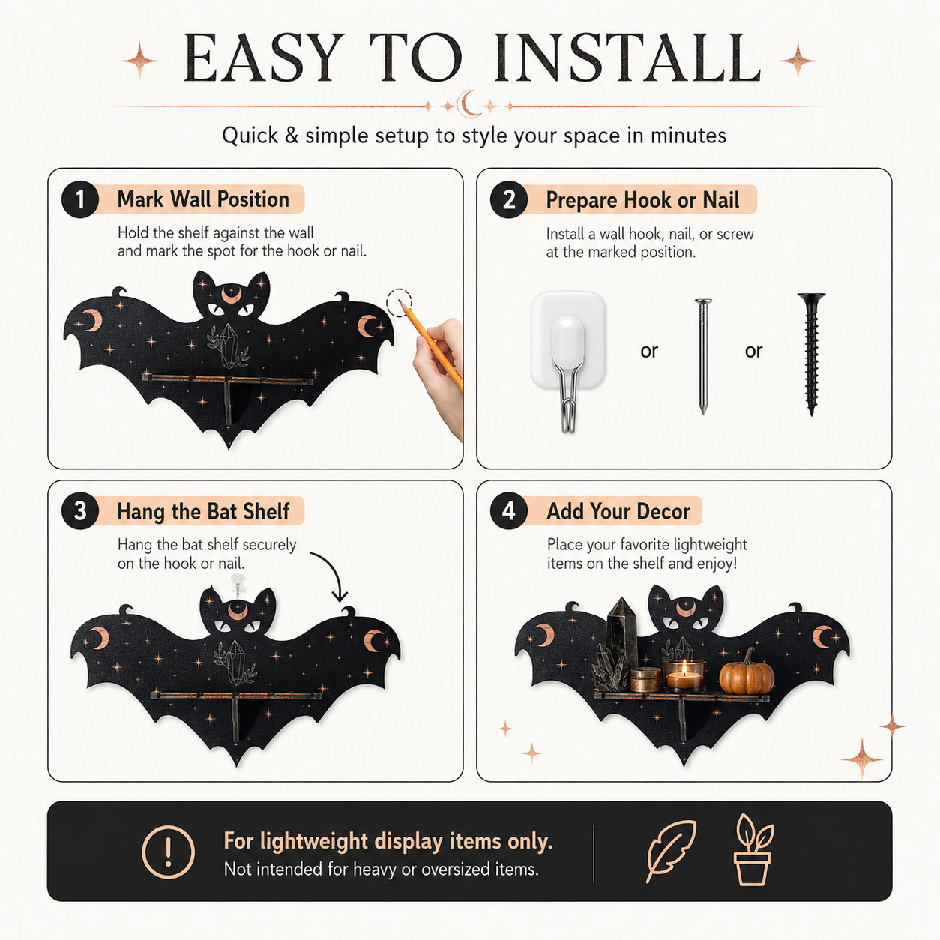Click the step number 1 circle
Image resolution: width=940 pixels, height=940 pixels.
coord(80,199)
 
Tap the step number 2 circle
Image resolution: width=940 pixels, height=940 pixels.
coord(509,199)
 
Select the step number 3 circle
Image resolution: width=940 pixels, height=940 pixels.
coord(80,511)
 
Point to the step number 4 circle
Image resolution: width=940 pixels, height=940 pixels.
coord(509,511)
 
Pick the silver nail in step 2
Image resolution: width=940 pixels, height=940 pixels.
coord(703,356)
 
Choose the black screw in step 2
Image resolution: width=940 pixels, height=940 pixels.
coord(811,354)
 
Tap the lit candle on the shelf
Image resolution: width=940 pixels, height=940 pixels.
coord(684,675)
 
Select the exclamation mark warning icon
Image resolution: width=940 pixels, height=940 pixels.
coord(169,852)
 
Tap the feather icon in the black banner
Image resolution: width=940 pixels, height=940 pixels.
coord(671,852)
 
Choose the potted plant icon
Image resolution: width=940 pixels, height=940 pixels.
coord(753,850)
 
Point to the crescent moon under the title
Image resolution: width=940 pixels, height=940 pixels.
coord(469,104)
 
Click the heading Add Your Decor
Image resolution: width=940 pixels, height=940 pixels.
coord(618,511)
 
